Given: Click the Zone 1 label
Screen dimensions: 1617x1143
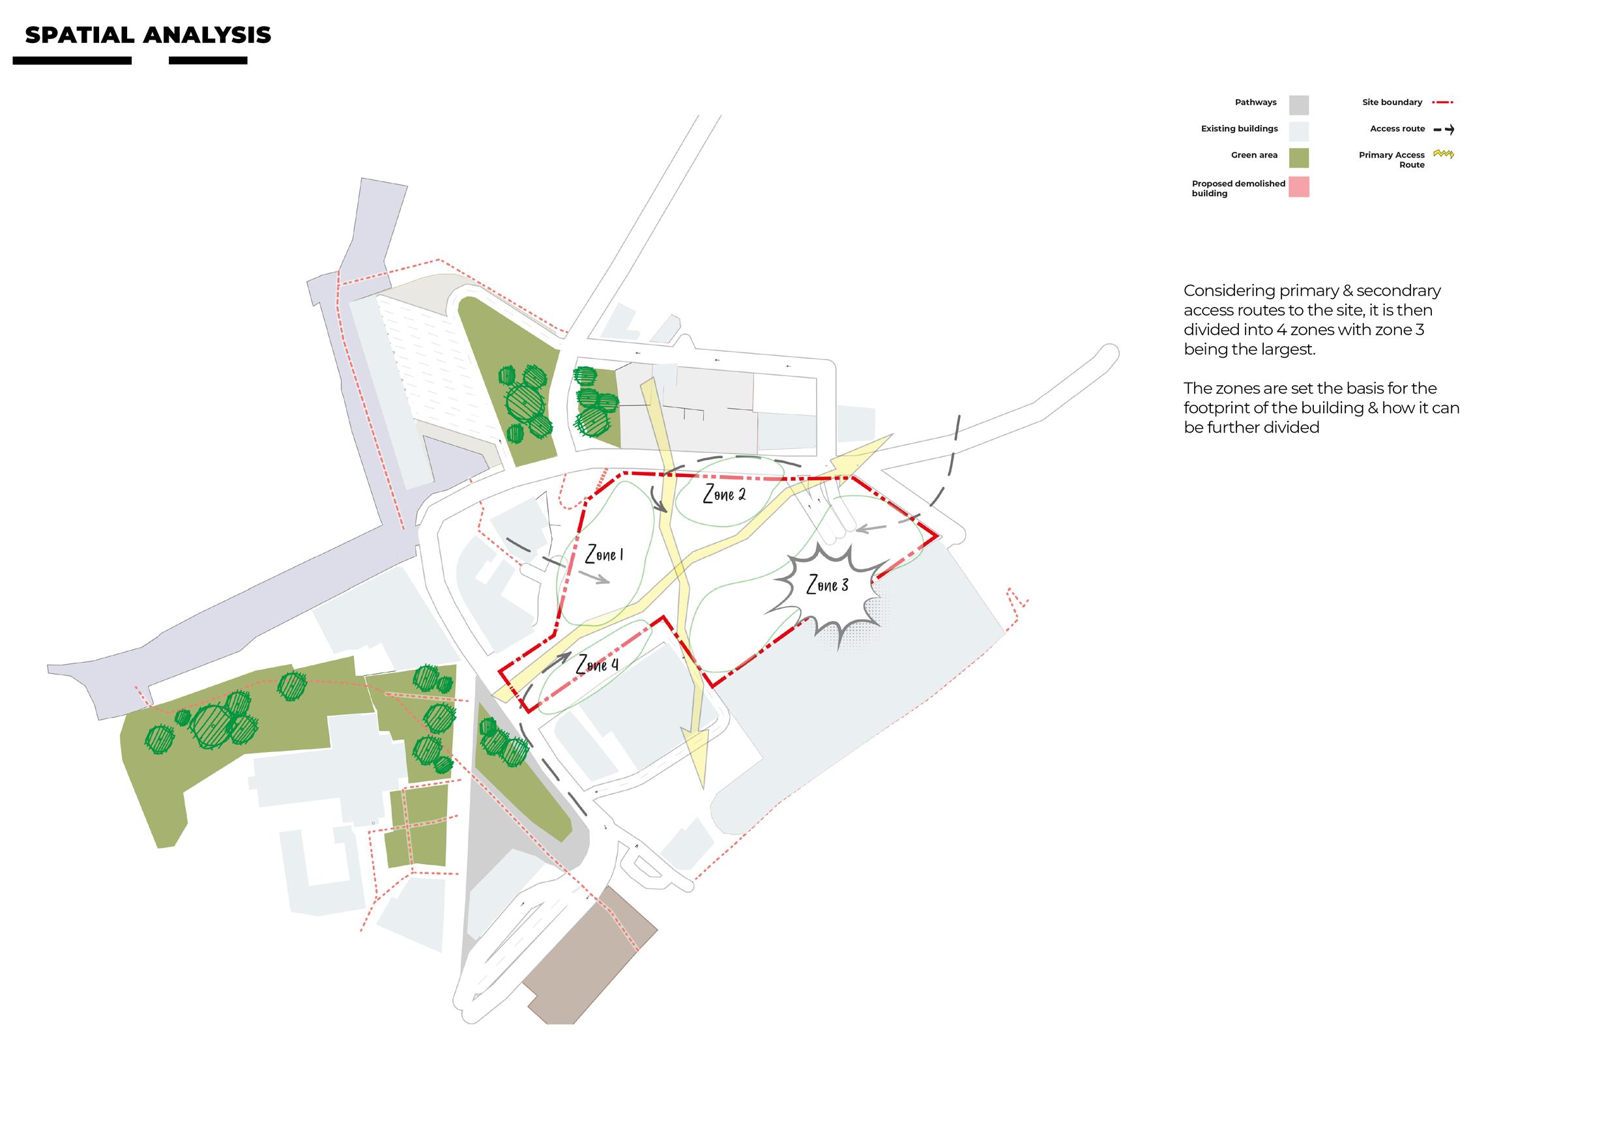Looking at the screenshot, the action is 604,555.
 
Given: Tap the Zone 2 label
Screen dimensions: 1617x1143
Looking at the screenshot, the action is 724,495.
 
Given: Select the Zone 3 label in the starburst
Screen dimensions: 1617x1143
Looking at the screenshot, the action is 827,585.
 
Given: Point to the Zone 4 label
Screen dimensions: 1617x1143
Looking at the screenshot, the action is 597,664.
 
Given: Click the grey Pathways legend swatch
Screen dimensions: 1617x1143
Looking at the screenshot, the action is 1299,105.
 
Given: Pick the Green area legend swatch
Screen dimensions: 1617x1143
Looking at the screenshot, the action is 1299,158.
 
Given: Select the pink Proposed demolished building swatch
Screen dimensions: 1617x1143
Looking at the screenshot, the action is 1299,186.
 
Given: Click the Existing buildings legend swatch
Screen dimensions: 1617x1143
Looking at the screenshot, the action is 1299,131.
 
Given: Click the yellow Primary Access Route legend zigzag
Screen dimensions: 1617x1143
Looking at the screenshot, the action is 1443,154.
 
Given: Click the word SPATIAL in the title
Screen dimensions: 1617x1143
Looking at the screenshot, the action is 79,35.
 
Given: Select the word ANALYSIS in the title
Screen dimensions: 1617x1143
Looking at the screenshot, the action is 207,35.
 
